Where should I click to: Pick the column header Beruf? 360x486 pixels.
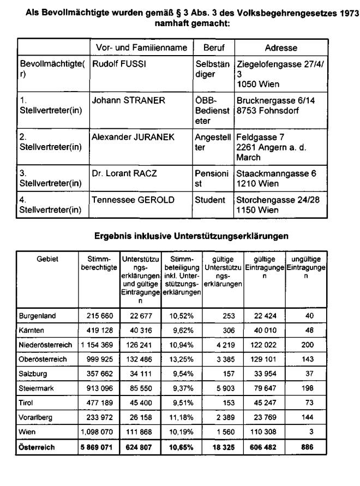coord(214,48)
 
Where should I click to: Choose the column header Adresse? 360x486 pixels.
coord(281,48)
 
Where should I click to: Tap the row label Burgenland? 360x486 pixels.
coord(38,316)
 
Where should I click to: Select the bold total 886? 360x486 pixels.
coord(307,446)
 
